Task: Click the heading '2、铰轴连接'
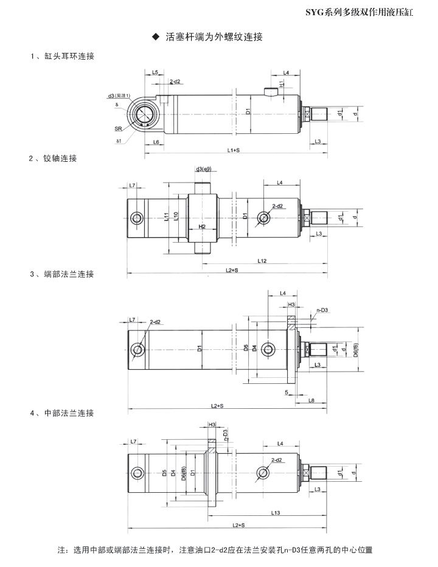54,159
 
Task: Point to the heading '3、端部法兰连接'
63,274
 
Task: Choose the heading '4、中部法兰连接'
63,414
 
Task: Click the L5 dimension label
155,72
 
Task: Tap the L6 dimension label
156,142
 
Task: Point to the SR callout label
118,129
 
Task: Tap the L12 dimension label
262,260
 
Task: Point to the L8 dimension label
311,400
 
